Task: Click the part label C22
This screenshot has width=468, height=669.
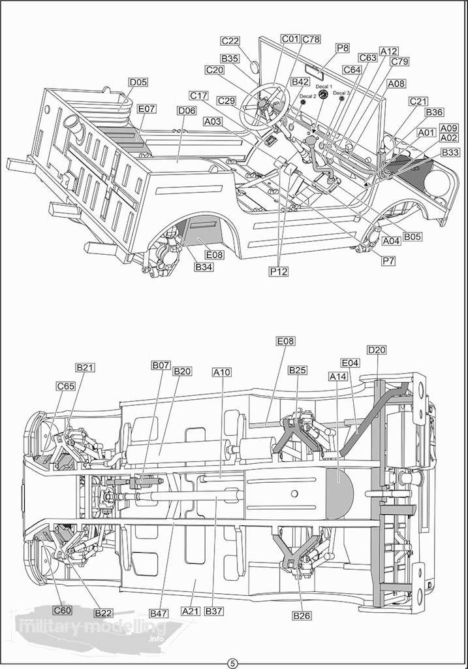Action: pos(230,41)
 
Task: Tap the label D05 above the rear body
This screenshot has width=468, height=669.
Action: pos(138,82)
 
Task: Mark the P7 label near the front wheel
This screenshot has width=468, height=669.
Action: pos(389,261)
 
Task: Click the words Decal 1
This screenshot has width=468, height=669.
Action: pos(324,86)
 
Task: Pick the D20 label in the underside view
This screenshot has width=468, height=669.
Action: pos(377,350)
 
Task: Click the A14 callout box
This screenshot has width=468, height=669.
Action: pos(338,376)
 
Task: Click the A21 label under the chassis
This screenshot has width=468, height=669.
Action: pos(191,611)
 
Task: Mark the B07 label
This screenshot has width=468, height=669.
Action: pos(161,365)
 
